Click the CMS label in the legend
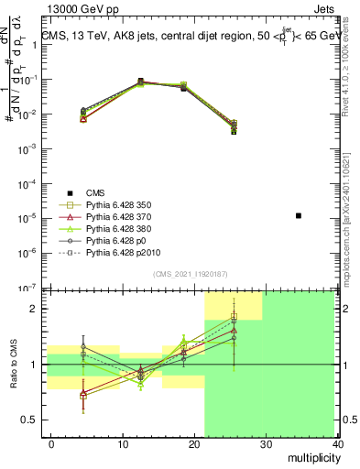coord(96,192)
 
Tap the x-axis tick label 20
coord(195,444)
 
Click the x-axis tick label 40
coord(339,444)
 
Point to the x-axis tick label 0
coord(51,444)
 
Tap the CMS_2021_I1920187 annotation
coord(190,273)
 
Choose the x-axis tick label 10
coord(123,444)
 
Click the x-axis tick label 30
coord(267,444)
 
